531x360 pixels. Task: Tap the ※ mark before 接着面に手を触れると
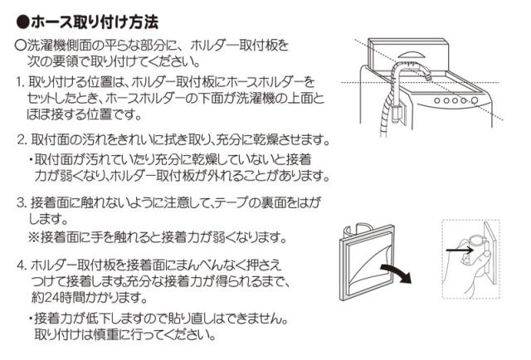tap(36, 238)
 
